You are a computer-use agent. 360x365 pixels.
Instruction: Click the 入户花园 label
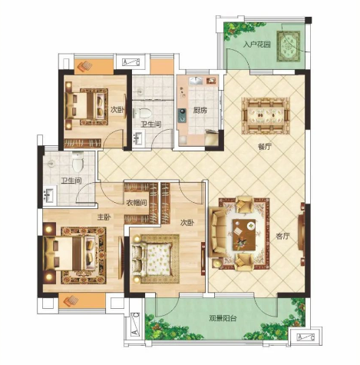(256, 45)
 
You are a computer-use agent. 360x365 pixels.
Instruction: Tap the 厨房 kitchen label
(200, 111)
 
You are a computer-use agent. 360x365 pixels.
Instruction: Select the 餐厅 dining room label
(265, 147)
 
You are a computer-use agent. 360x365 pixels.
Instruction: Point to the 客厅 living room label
(282, 236)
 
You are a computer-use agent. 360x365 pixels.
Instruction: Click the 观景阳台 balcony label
(223, 318)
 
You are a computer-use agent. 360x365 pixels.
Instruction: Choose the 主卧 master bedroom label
(104, 217)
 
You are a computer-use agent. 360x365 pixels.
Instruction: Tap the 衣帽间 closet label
(137, 203)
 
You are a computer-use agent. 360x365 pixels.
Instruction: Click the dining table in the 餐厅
(266, 115)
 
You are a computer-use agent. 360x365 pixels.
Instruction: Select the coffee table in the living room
(244, 235)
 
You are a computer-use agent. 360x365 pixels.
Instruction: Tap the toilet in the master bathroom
(78, 161)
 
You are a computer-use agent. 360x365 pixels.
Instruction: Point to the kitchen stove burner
(182, 115)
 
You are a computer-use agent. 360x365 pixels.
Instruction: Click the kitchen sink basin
(196, 81)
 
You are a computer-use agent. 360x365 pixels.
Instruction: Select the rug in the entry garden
(289, 46)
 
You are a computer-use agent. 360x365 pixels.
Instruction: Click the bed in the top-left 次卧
(85, 105)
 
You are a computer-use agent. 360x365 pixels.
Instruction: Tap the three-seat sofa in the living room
(217, 233)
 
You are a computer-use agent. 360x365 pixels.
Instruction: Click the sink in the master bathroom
(50, 194)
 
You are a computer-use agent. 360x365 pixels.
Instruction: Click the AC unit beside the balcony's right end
(306, 337)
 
